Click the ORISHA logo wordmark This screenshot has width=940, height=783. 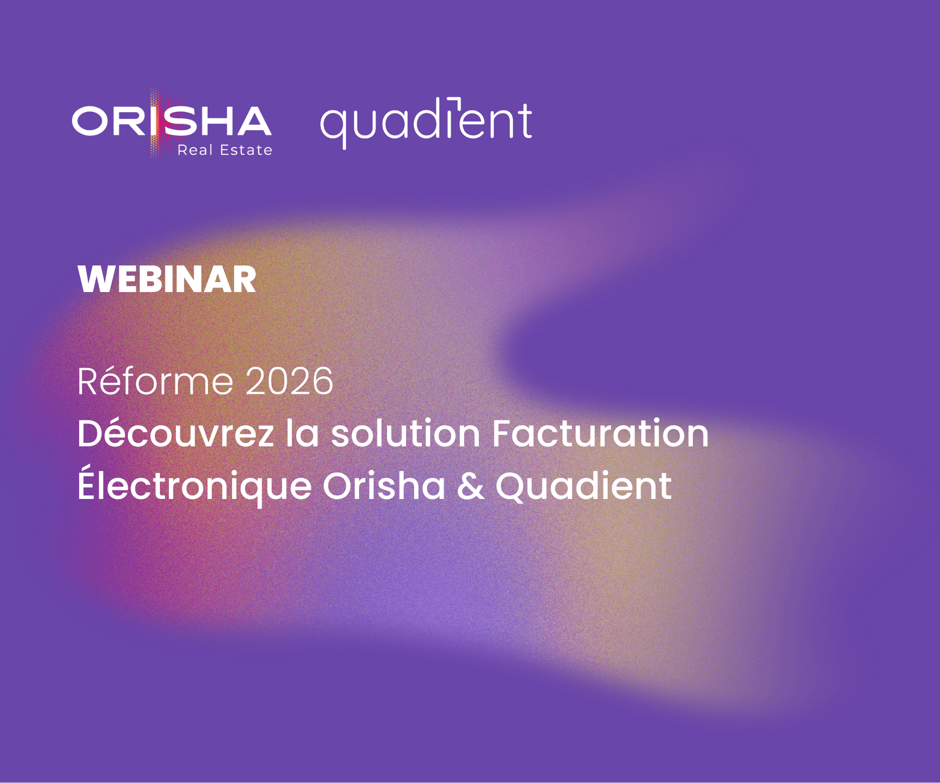(172, 121)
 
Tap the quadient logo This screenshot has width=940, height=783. (426, 122)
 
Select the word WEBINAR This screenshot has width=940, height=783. (167, 279)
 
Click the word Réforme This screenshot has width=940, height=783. (155, 381)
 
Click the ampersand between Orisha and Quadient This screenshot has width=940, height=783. (471, 486)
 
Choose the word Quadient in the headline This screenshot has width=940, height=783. (584, 485)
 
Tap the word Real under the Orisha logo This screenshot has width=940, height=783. (195, 150)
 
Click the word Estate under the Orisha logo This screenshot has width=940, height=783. (246, 150)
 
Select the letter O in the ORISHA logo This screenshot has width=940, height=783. (91, 121)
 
